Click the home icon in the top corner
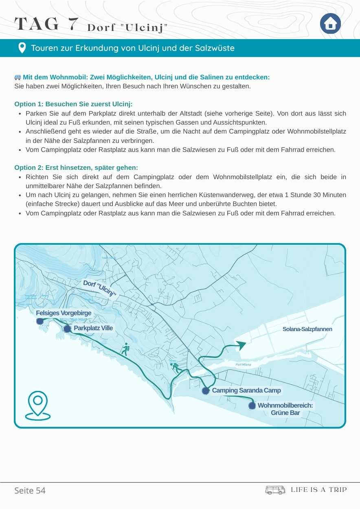point(330,24)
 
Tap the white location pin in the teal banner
point(22,48)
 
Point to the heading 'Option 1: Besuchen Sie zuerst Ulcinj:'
point(73,104)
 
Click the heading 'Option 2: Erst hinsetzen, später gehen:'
point(76,168)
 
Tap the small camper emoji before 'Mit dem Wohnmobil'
point(18,77)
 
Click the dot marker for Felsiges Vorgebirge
point(40,321)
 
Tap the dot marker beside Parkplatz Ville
point(67,329)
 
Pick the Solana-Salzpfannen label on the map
point(307,329)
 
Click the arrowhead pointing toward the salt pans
point(241,345)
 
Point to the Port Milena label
point(243,364)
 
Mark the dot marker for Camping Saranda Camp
point(206,391)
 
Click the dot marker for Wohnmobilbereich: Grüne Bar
point(252,406)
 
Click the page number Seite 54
point(30,490)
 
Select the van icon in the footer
point(275,490)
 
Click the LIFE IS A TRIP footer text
point(318,490)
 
